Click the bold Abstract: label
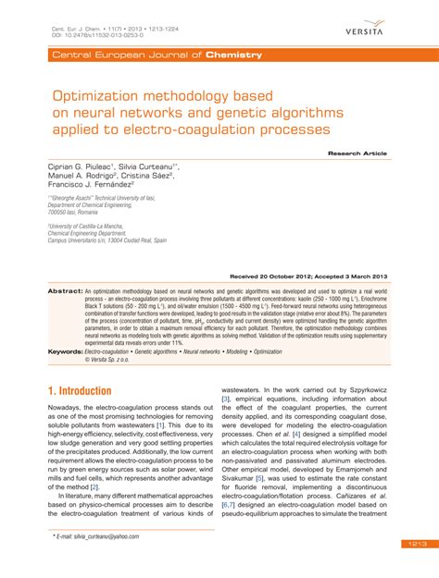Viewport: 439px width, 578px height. (66, 290)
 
